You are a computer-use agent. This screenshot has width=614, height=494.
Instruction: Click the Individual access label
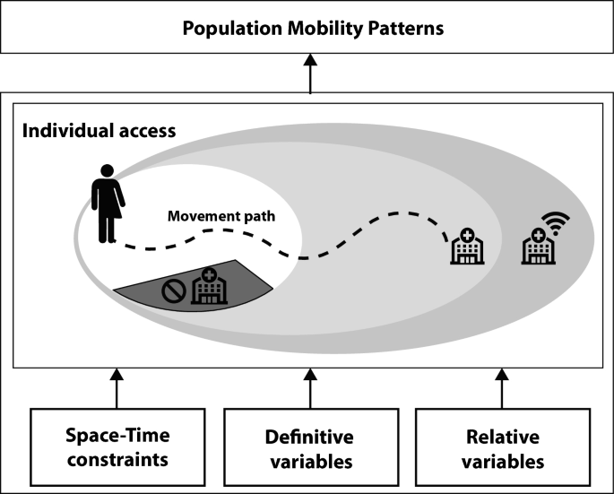[x=99, y=130]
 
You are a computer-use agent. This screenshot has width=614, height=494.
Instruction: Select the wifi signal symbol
[x=556, y=221]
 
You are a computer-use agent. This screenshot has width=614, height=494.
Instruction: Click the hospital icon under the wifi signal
[x=537, y=247]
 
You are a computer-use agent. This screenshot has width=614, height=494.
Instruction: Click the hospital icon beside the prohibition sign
[x=209, y=287]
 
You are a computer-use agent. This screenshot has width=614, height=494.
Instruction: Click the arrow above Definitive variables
[x=310, y=387]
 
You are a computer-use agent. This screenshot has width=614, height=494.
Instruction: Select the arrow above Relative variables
[x=502, y=387]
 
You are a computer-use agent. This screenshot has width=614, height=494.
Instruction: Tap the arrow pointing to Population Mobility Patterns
[x=310, y=72]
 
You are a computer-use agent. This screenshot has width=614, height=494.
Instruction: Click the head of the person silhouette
[x=108, y=169]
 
